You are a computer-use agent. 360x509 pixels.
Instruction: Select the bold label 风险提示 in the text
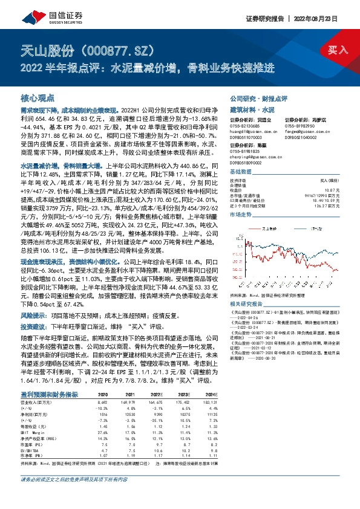click(32, 315)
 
